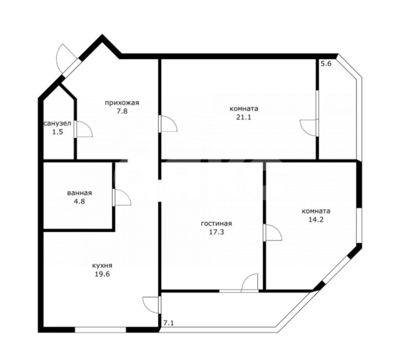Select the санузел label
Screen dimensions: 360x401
coord(58,124)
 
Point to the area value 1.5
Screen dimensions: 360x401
coord(58,133)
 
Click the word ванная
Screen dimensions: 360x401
coord(80,193)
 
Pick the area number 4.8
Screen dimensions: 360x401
coord(80,201)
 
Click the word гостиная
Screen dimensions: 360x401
coord(216,223)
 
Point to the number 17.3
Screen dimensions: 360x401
coord(216,232)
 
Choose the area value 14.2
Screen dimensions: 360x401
coord(315,220)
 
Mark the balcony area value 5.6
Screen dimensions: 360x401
coord(326,64)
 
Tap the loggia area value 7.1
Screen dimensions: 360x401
coord(168,324)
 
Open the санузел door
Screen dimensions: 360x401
coord(83,129)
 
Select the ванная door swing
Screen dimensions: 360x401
coord(121,198)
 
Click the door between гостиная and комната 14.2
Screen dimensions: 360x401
coord(272,233)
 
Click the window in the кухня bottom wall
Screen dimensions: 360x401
coord(100,329)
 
